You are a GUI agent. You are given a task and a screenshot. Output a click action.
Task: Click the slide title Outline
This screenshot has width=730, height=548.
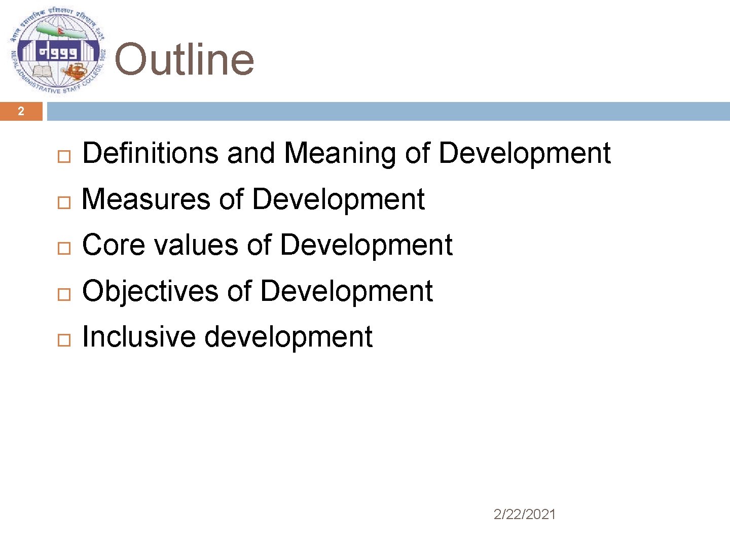click(x=184, y=59)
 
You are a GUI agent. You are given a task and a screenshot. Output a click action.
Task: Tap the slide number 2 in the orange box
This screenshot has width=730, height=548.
click(x=21, y=111)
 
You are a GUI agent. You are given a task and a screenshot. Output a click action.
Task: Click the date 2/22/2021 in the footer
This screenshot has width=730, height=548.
click(x=525, y=515)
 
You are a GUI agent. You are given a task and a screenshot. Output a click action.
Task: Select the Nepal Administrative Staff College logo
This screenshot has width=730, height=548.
click(x=57, y=51)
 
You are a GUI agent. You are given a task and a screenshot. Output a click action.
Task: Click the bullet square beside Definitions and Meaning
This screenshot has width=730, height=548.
click(x=63, y=156)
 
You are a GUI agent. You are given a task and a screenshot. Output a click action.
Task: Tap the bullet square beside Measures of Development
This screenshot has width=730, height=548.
click(x=63, y=202)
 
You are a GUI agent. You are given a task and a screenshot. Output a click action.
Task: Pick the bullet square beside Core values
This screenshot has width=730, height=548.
click(x=63, y=248)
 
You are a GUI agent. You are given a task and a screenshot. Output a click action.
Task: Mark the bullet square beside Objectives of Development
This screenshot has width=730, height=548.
click(x=63, y=294)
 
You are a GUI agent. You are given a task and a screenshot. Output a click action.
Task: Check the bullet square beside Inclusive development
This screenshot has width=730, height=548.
click(x=63, y=339)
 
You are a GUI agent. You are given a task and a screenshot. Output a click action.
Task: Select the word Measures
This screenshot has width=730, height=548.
click(x=145, y=199)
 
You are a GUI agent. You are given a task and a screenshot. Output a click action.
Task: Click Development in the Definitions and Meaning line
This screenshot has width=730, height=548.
click(x=525, y=153)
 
